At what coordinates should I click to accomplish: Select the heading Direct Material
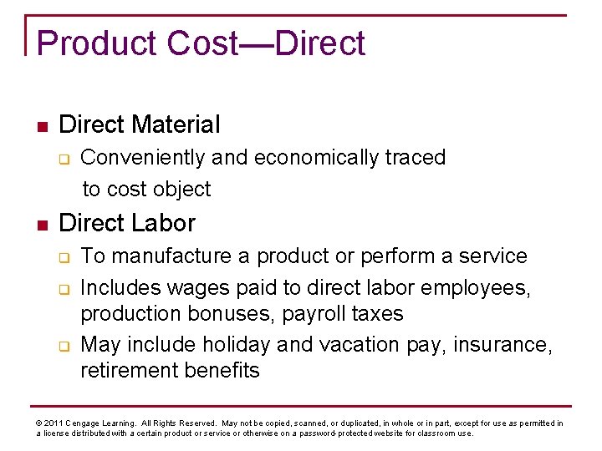140,125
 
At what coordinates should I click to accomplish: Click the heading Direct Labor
127,223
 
